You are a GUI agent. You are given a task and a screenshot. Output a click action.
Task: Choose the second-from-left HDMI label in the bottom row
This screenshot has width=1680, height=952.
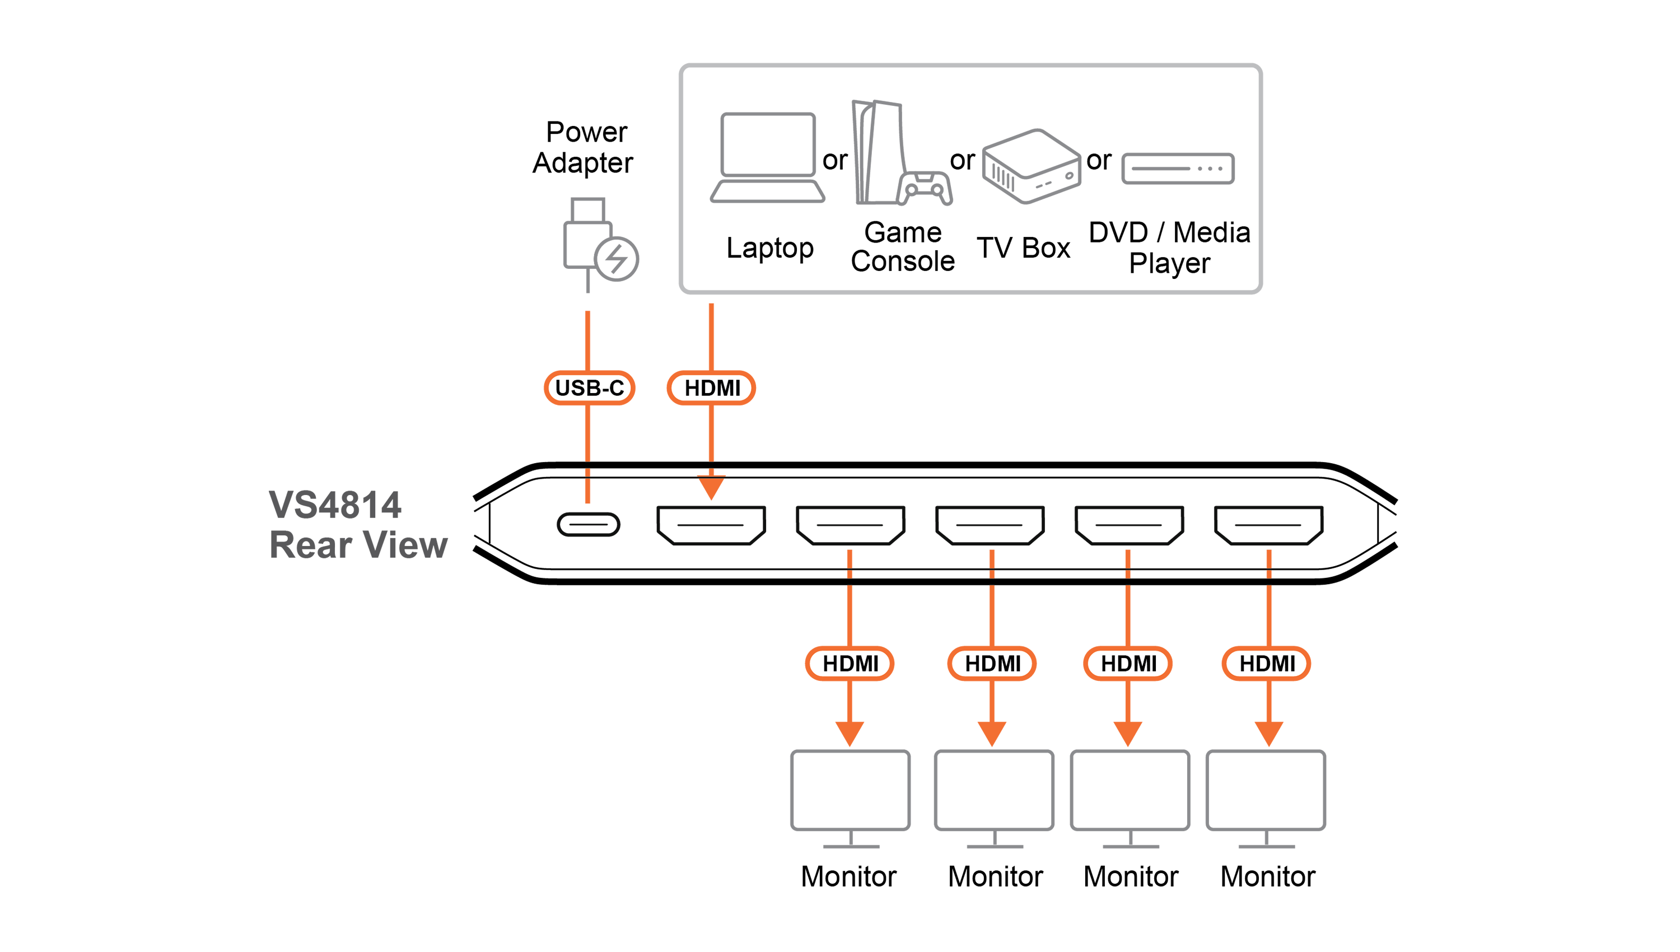[x=992, y=664]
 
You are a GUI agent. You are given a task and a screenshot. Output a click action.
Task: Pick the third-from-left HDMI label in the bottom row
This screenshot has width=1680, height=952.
[x=1128, y=664]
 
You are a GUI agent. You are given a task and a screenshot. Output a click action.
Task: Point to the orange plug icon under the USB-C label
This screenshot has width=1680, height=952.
[x=587, y=488]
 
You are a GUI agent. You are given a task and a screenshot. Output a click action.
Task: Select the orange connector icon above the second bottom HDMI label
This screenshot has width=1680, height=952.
[x=992, y=562]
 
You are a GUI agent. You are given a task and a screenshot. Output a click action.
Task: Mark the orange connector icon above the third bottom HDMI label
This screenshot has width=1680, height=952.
[x=1128, y=562]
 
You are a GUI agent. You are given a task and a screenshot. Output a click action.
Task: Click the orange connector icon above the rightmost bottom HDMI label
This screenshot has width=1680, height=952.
[x=1269, y=562]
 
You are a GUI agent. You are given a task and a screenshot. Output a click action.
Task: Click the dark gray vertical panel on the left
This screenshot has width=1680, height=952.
[x=353, y=523]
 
